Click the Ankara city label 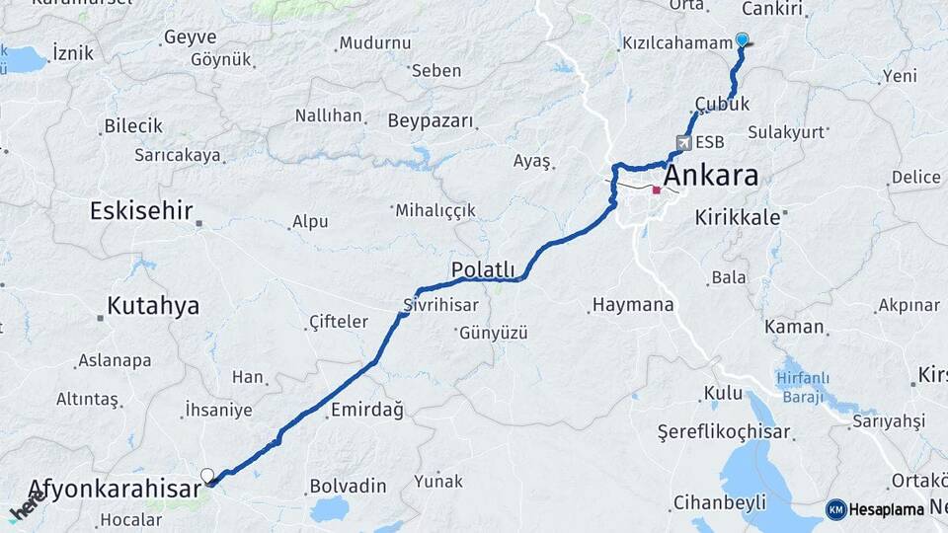(711, 177)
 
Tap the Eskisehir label (140, 210)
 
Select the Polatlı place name (483, 269)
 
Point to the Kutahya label (153, 306)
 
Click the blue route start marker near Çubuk (742, 40)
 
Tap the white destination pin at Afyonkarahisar (207, 477)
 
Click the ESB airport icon (683, 142)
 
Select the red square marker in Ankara (657, 190)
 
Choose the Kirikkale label (737, 217)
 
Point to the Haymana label (632, 305)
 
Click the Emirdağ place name (366, 411)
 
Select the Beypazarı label (430, 120)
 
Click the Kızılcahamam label (676, 43)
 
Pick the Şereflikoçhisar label (724, 432)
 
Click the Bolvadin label (348, 486)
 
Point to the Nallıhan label (329, 115)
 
